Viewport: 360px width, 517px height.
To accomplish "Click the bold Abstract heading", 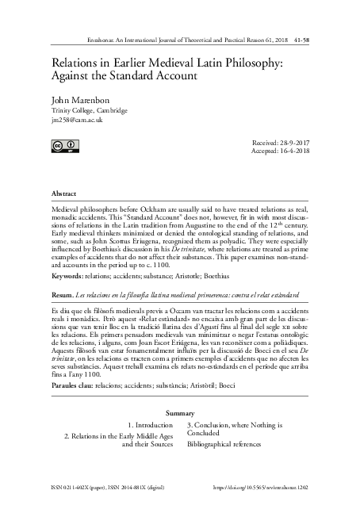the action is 64,193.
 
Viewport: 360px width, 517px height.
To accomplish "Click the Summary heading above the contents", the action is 180,414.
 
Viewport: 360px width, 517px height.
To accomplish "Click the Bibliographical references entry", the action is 225,446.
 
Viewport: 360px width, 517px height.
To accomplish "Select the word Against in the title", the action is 76,75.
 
